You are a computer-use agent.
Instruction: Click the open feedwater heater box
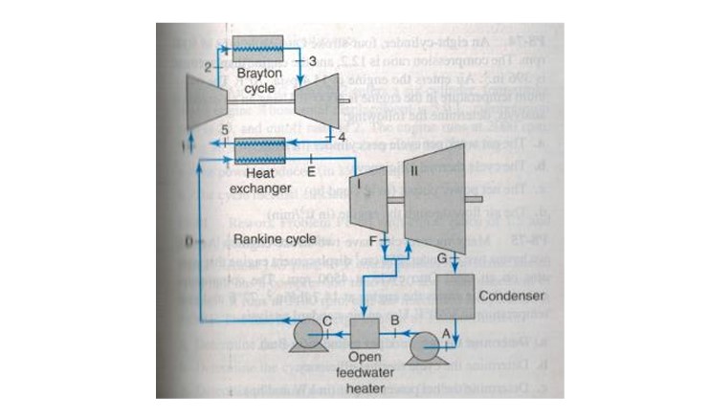366,334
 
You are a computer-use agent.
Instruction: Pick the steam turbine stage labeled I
365,200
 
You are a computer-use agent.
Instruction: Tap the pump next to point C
308,334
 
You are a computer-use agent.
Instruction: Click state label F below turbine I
373,239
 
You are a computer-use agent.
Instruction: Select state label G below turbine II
442,258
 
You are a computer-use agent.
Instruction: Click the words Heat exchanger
260,182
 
